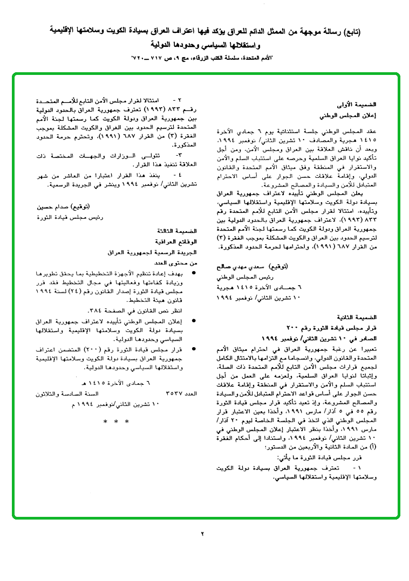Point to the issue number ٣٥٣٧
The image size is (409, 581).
coord(172,394)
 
